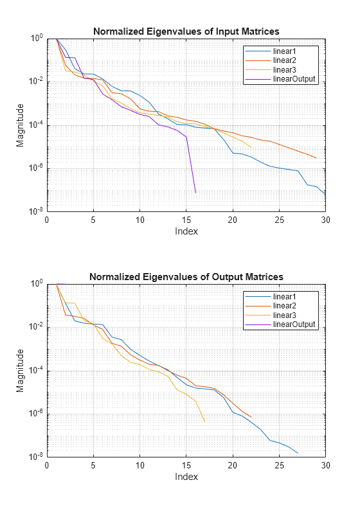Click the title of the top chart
click(x=186, y=31)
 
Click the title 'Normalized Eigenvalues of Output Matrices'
click(x=186, y=277)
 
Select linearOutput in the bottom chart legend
click(x=294, y=324)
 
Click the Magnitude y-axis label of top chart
click(x=21, y=125)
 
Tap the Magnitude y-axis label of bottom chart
click(x=21, y=370)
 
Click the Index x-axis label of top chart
click(x=186, y=231)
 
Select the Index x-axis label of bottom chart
click(x=186, y=477)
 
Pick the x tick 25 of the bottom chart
click(x=280, y=465)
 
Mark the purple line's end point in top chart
click(x=195, y=193)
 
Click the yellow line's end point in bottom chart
click(x=204, y=422)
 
